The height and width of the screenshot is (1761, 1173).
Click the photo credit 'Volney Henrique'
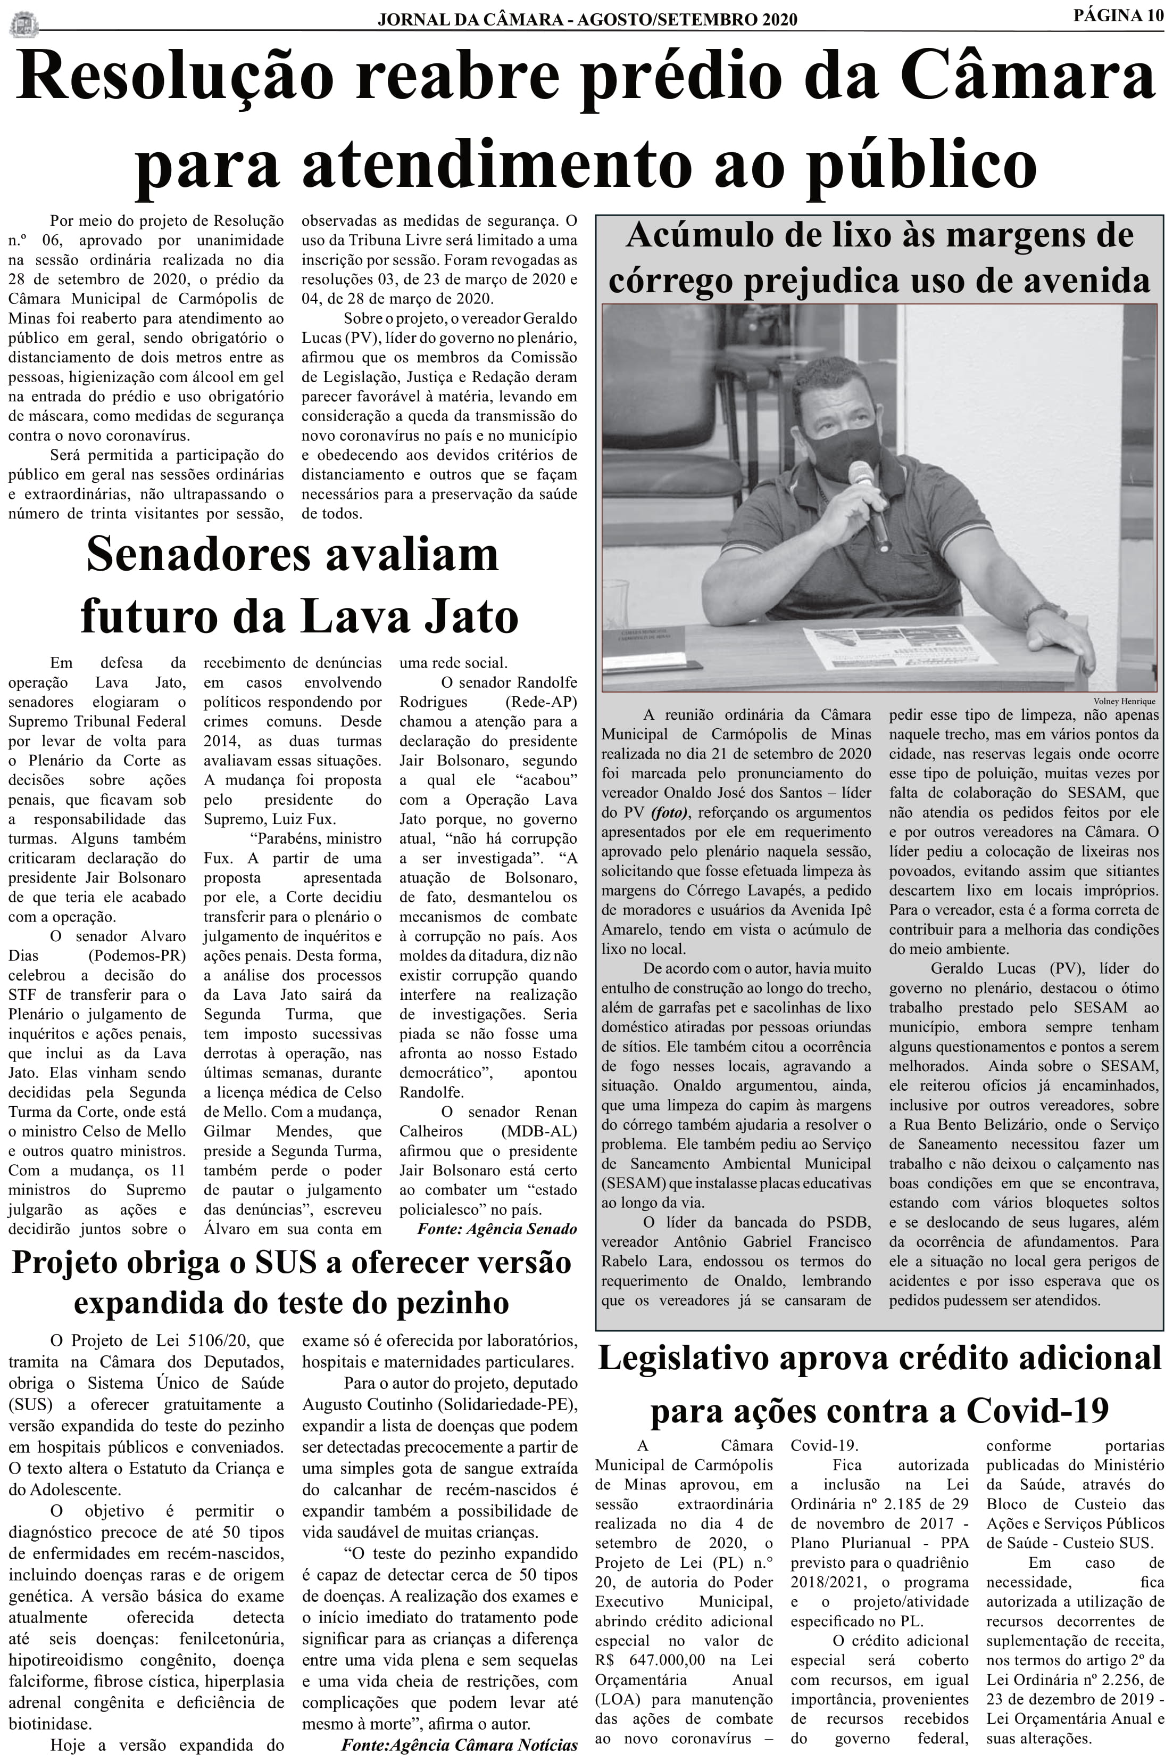coord(1124,701)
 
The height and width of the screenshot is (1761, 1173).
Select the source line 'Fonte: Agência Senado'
coord(497,1229)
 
